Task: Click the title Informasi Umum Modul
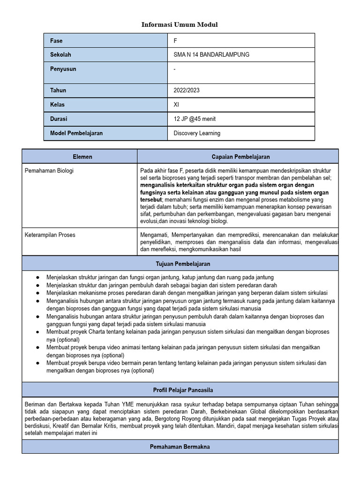pos(180,24)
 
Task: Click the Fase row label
pos(56,41)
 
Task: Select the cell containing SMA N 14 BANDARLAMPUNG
pos(211,55)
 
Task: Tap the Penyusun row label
pos(63,69)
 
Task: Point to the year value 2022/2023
pos(186,90)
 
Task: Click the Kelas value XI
pos(176,105)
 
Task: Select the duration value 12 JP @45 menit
pos(195,119)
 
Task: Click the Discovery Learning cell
pos(197,133)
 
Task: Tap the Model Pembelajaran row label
pos(76,133)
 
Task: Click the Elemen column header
pos(82,157)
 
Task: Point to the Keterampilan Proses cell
pos(50,234)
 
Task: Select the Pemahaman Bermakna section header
pos(180,447)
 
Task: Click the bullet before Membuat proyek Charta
pos(37,332)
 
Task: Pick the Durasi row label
pos(59,119)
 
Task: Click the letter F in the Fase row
pos(175,41)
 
